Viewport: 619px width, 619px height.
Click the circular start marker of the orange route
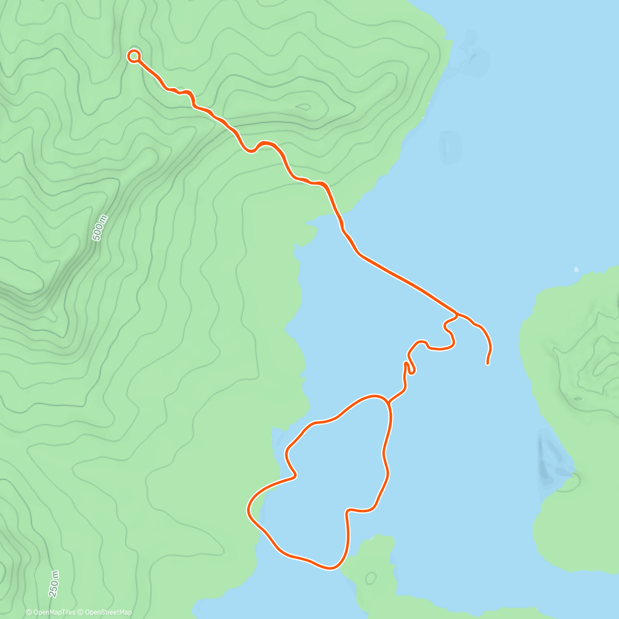[134, 56]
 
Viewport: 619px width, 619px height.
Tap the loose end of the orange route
[487, 364]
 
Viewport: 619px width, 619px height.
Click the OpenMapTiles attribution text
[50, 612]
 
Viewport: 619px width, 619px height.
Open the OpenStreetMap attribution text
[106, 612]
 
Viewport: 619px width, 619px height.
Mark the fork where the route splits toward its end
[457, 314]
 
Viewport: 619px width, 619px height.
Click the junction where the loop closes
[387, 401]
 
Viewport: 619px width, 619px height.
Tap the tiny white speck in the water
[576, 269]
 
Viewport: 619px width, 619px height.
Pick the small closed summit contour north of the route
[304, 107]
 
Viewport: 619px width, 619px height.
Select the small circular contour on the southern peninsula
[371, 578]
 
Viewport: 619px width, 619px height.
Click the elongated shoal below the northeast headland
[450, 146]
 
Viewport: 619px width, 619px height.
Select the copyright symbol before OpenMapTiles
[29, 612]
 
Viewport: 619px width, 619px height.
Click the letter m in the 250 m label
[55, 574]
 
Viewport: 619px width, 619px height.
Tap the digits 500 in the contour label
[99, 231]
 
